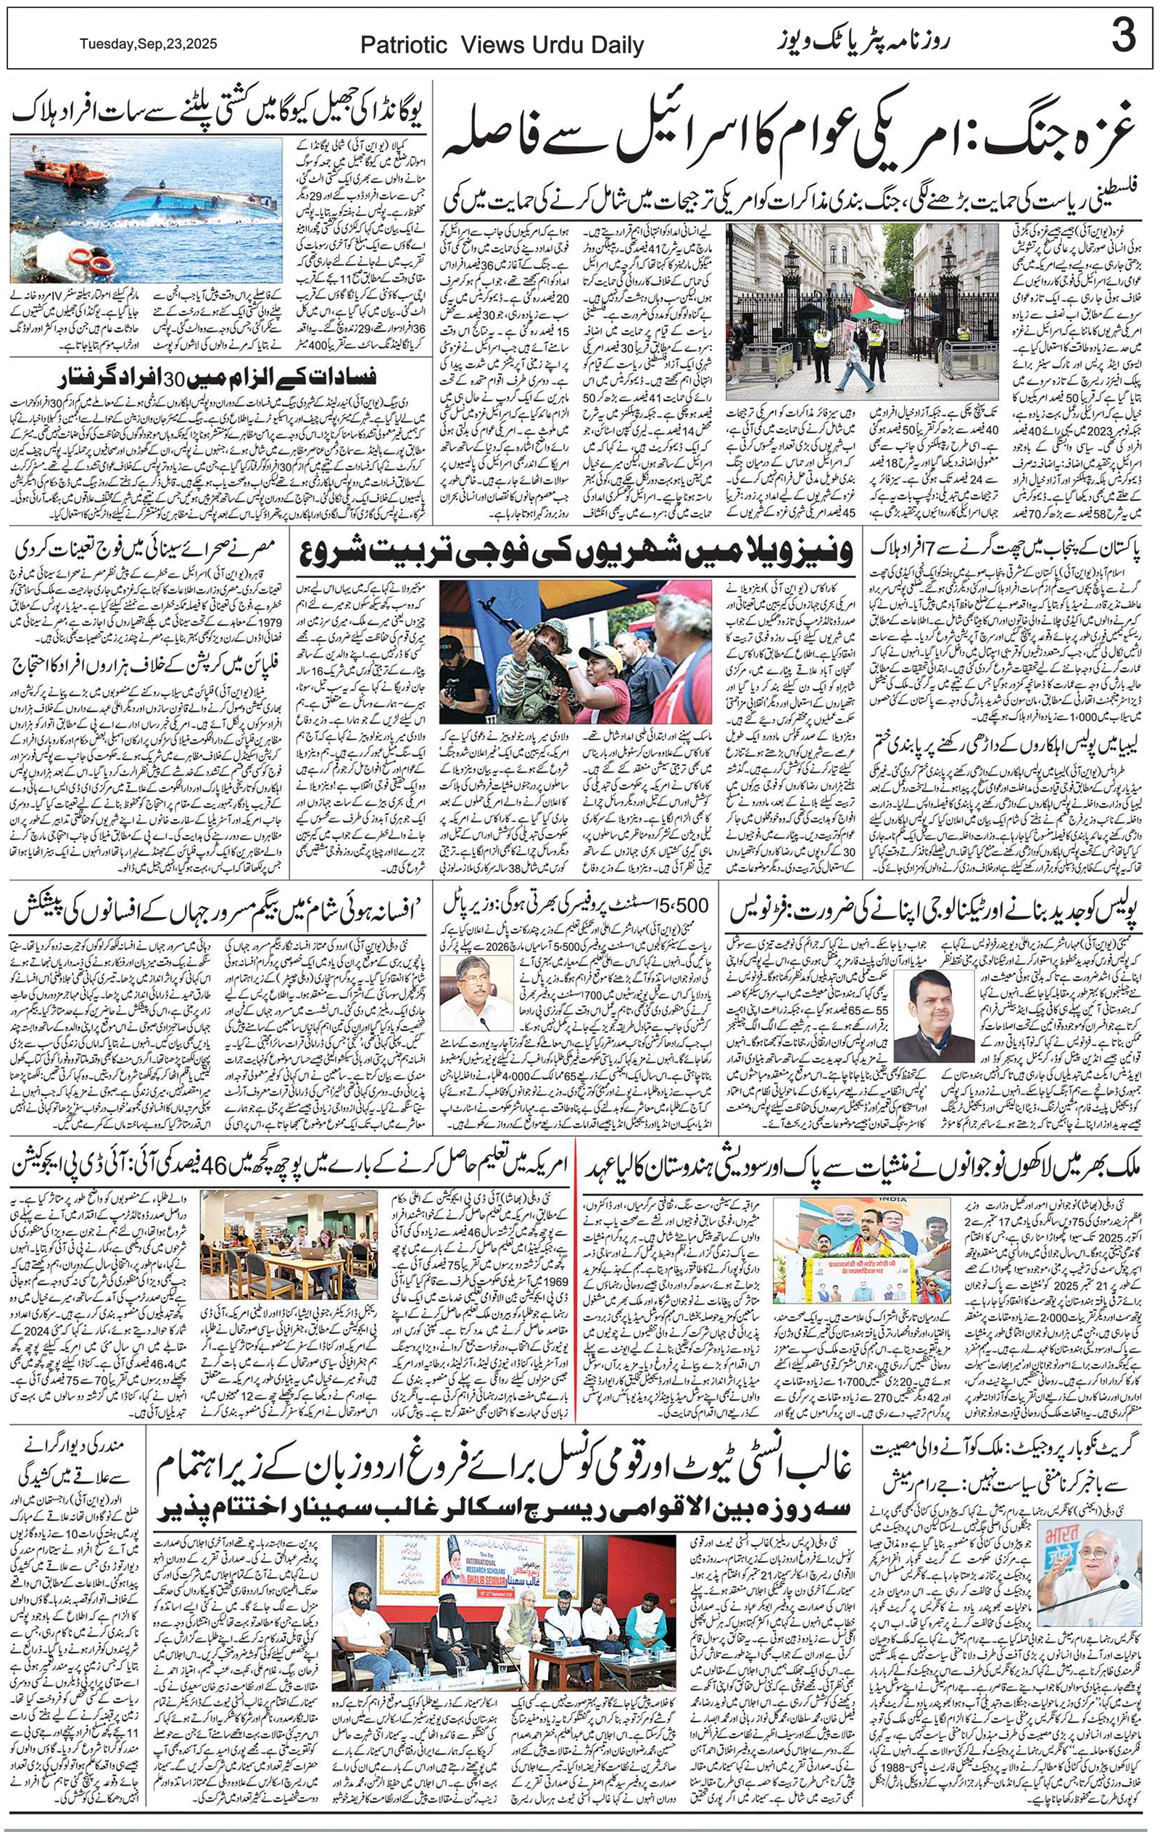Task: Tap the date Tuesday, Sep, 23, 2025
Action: coord(149,44)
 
